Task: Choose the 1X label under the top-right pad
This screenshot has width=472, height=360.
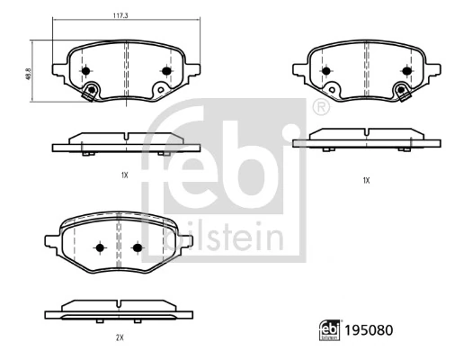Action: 366,180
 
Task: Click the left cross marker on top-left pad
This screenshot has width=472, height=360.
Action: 85,71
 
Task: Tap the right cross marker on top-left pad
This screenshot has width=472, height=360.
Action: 165,71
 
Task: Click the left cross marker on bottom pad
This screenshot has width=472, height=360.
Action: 100,247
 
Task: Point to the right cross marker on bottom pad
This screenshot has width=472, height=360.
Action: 138,247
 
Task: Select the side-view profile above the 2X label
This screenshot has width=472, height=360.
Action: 119,310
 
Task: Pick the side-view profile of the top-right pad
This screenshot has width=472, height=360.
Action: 365,138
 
